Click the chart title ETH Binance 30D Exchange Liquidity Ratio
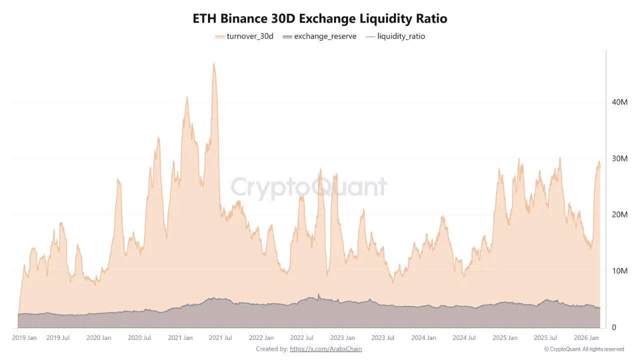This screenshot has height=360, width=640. point(320,18)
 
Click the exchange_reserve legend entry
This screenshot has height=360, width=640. point(319,36)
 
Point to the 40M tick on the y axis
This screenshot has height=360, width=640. point(619,102)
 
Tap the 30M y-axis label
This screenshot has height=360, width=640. point(619,158)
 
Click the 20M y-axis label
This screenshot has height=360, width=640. point(619,214)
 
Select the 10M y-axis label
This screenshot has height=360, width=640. point(619,271)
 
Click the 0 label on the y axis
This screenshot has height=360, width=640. point(614,327)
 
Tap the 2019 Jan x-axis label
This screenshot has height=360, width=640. point(24,338)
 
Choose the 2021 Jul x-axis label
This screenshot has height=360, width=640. point(221,338)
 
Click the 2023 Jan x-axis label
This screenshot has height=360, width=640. point(343,338)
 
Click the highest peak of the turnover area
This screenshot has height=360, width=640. point(213,64)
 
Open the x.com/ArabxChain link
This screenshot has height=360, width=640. point(325,349)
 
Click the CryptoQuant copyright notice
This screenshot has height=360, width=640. point(583,349)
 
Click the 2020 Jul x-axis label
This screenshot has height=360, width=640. point(139,338)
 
